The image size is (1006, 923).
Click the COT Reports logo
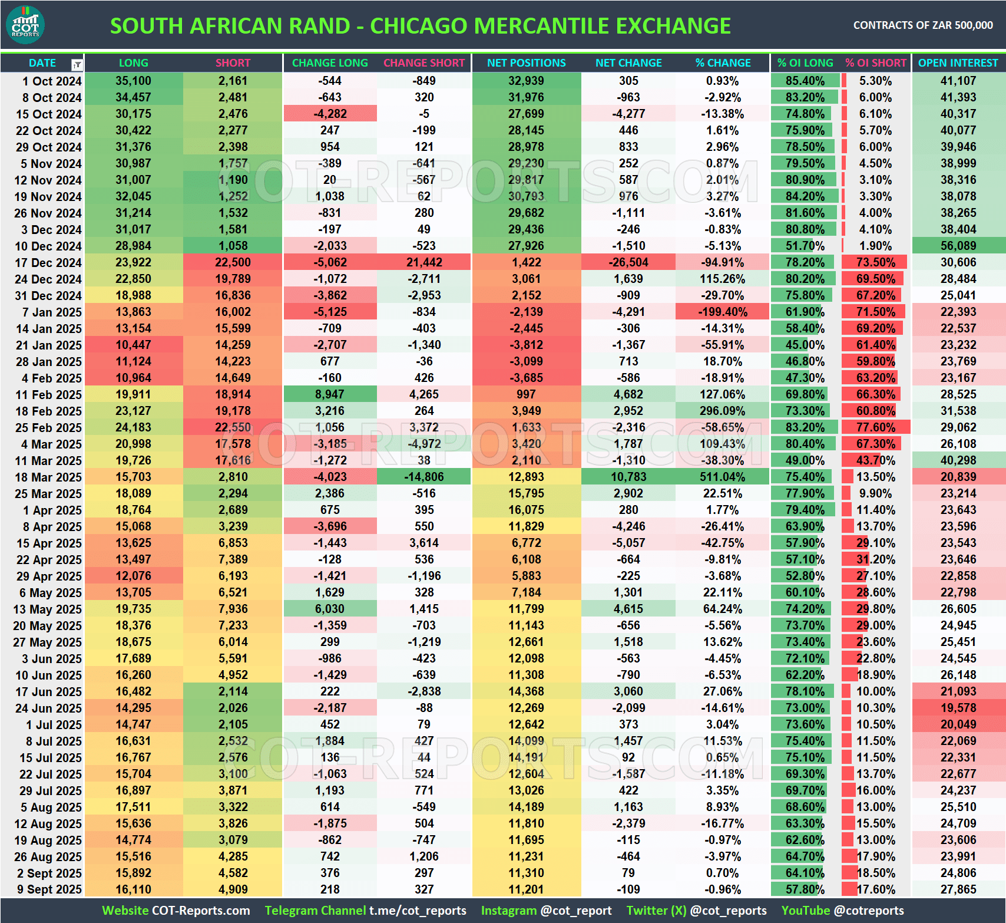click(25, 25)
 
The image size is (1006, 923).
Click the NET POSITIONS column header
click(526, 63)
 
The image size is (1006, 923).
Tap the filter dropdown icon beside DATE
click(77, 64)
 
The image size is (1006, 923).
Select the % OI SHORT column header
click(876, 63)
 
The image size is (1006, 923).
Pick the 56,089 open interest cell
click(958, 246)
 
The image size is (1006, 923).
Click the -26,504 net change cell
click(628, 262)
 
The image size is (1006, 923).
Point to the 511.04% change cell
click(722, 477)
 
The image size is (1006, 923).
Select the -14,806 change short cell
click(424, 477)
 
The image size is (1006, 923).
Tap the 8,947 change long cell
click(330, 394)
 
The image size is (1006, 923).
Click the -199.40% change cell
click(722, 312)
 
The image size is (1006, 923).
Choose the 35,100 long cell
click(134, 81)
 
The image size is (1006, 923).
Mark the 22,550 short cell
click(233, 427)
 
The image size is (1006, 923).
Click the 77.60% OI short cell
click(876, 427)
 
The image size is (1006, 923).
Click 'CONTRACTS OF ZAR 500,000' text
click(923, 25)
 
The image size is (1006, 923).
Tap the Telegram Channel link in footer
click(365, 911)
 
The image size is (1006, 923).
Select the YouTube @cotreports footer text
click(842, 911)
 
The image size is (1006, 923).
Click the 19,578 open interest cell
click(958, 708)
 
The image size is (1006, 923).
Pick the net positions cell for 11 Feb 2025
click(526, 394)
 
